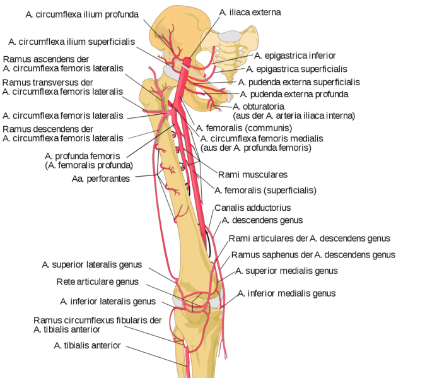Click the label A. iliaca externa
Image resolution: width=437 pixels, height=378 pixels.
[250, 12]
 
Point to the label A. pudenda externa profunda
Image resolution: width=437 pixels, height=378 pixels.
[294, 94]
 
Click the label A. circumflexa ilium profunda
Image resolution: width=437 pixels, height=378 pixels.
[82, 14]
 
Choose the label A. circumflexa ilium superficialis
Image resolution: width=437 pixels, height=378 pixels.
[72, 42]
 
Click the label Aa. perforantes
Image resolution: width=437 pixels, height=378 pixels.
[100, 179]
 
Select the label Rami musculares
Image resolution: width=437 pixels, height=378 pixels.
[252, 174]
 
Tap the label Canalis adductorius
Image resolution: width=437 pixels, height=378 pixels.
[252, 207]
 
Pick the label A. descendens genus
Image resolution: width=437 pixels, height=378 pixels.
[262, 220]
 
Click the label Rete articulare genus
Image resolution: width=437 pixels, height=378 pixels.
[98, 282]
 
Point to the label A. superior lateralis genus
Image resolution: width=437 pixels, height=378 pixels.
[92, 264]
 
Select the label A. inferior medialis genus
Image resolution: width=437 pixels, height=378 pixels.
[287, 293]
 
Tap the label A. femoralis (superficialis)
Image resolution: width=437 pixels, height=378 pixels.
[265, 189]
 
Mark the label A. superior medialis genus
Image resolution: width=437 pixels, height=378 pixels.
[287, 271]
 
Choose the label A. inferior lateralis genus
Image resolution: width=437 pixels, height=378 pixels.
[108, 301]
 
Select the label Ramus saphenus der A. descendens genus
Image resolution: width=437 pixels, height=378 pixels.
[313, 255]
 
